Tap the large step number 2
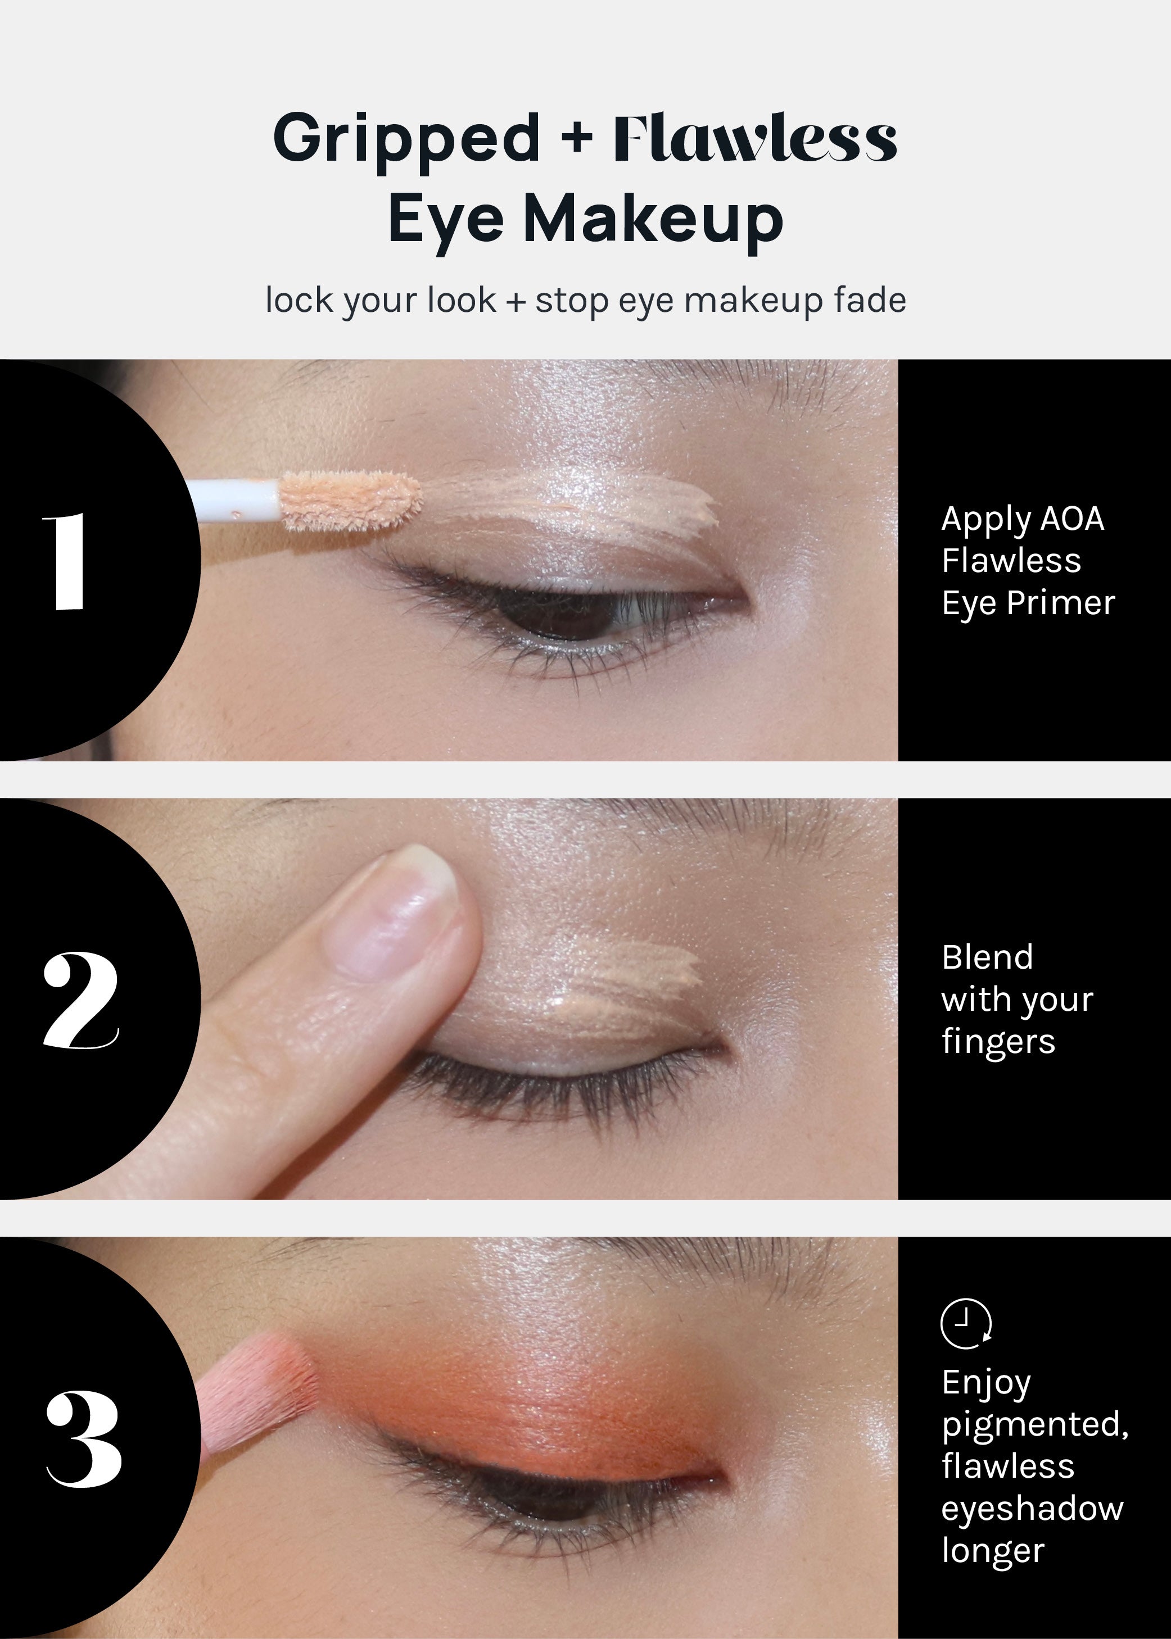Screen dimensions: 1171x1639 pyautogui.click(x=80, y=1000)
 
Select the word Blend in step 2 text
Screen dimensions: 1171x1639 pyautogui.click(x=987, y=957)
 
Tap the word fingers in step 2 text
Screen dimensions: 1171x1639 pyautogui.click(x=998, y=1042)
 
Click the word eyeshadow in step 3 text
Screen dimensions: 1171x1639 pyautogui.click(x=1032, y=1508)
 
